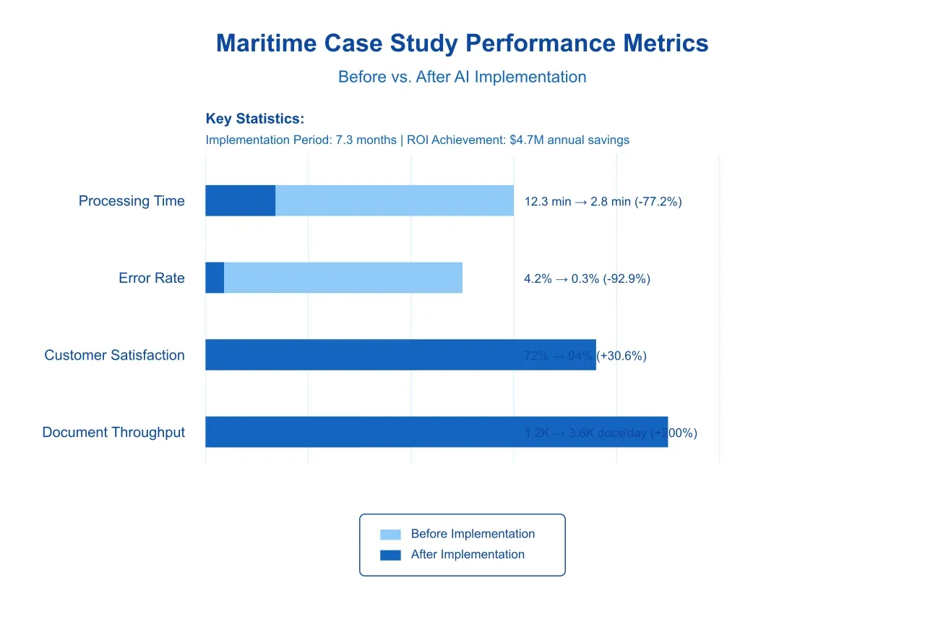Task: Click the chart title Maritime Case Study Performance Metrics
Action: (x=462, y=43)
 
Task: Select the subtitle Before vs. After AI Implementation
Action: (x=462, y=77)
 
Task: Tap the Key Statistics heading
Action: (x=254, y=119)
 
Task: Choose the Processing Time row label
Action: (x=132, y=201)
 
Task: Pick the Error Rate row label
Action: (x=152, y=278)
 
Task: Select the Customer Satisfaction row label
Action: (x=114, y=355)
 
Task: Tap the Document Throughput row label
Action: (x=113, y=433)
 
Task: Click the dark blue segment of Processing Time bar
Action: (x=240, y=200)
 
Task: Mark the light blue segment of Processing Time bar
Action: (x=395, y=200)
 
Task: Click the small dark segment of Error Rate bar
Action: (x=215, y=278)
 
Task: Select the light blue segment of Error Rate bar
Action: (x=343, y=278)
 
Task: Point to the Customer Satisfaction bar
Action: (x=361, y=354)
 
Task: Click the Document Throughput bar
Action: (x=361, y=432)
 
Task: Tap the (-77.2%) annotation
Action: (x=658, y=202)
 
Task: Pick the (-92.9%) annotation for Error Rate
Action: (x=627, y=278)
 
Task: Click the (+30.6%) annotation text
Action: (x=622, y=356)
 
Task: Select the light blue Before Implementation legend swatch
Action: (x=390, y=535)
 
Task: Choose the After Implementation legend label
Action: (x=468, y=555)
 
